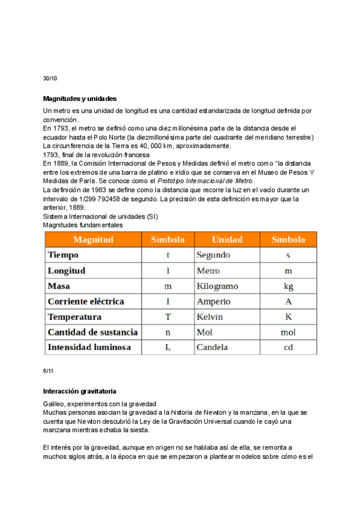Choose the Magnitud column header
92,239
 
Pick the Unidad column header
227,239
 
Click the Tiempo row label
63,255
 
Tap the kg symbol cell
288,286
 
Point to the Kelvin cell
209,317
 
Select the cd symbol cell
288,348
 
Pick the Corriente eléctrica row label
86,301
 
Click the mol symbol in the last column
288,332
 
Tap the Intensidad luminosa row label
89,348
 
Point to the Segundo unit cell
214,255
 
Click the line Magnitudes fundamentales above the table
83,225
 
